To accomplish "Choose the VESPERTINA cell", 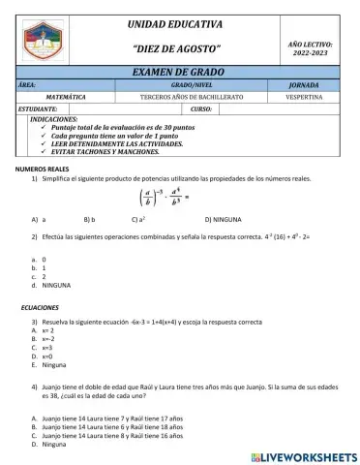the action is [311, 97].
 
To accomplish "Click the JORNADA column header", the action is [311, 85].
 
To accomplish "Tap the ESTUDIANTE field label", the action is [39, 108].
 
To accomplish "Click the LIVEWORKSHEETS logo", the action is [303, 455].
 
